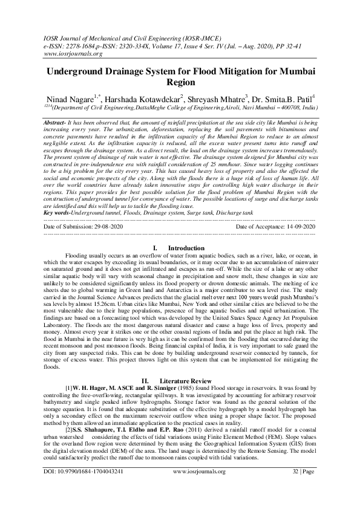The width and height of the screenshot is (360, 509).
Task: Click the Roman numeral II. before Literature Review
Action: click(x=145, y=380)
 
